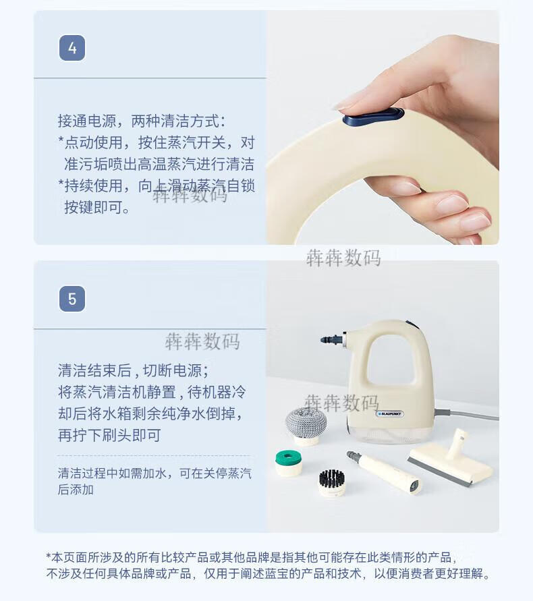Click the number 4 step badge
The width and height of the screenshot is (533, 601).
pyautogui.click(x=72, y=48)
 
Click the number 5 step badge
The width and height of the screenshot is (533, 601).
pyautogui.click(x=72, y=299)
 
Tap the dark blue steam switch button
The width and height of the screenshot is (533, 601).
pyautogui.click(x=373, y=117)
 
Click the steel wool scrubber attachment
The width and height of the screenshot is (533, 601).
pyautogui.click(x=306, y=425)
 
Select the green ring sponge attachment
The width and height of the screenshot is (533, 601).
pyautogui.click(x=288, y=462)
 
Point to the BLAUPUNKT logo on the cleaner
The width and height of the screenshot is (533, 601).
pyautogui.click(x=390, y=414)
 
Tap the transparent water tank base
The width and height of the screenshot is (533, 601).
pyautogui.click(x=390, y=433)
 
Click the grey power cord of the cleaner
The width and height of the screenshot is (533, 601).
pyautogui.click(x=466, y=414)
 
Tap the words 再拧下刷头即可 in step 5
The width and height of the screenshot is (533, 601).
pyautogui.click(x=109, y=436)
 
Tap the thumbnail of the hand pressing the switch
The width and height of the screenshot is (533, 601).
pyautogui.click(x=383, y=127)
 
